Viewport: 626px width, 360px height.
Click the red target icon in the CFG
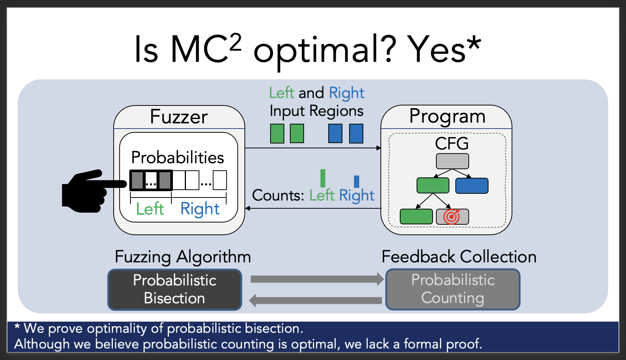[x=452, y=216]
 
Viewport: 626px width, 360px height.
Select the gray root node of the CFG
[x=452, y=161]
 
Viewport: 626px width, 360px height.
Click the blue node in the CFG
[x=472, y=186]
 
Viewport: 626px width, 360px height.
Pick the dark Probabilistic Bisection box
[x=175, y=290]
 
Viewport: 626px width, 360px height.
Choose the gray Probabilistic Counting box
[x=453, y=290]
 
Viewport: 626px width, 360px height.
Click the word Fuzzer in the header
[x=179, y=117]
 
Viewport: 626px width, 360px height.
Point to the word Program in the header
[x=447, y=116]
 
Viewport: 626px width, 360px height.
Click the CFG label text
[x=452, y=144]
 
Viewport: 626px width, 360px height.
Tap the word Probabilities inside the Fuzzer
[x=177, y=158]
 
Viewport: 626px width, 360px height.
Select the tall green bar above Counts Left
[x=323, y=178]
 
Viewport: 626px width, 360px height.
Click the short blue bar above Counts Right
[x=357, y=181]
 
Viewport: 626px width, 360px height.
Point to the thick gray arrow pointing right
[x=317, y=279]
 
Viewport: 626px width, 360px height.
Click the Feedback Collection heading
[x=459, y=257]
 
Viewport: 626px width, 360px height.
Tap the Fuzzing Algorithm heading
[x=183, y=257]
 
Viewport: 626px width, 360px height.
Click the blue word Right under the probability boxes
[x=200, y=209]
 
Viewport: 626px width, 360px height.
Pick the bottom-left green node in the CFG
[x=416, y=217]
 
